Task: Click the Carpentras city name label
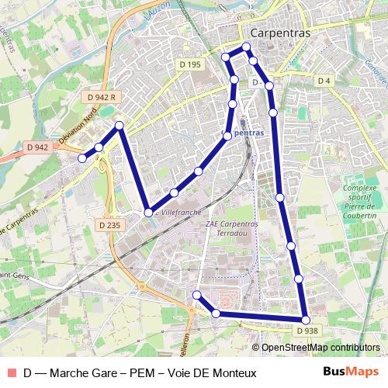pyautogui.click(x=280, y=33)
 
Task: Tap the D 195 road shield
pyautogui.click(x=189, y=64)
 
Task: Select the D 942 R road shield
pyautogui.click(x=102, y=97)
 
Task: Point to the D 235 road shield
pyautogui.click(x=110, y=225)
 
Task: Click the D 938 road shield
pyautogui.click(x=307, y=331)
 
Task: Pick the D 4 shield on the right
pyautogui.click(x=324, y=81)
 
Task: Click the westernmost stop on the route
pyautogui.click(x=82, y=158)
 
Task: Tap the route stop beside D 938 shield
pyautogui.click(x=306, y=320)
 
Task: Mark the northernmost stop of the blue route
pyautogui.click(x=247, y=47)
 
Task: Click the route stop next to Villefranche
pyautogui.click(x=147, y=211)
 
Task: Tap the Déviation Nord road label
pyautogui.click(x=78, y=128)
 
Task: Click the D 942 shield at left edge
pyautogui.click(x=37, y=147)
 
